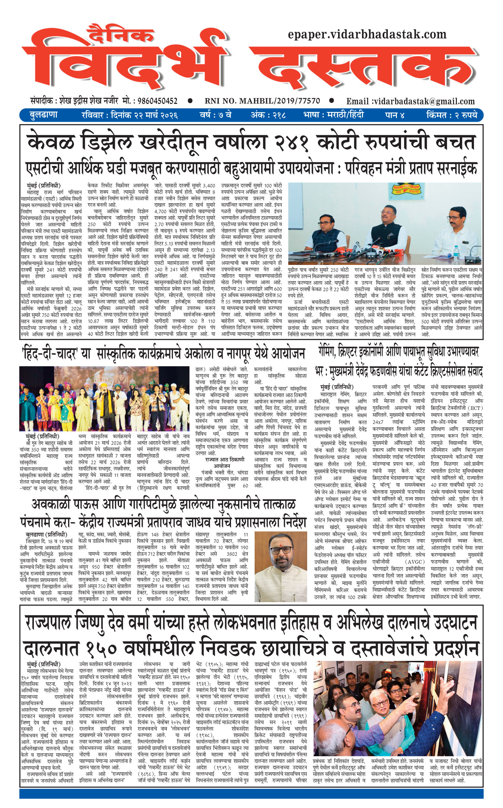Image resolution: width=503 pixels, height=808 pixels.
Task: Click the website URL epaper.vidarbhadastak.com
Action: pos(367,34)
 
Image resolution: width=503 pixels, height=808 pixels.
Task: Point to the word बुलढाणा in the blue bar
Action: pos(44,115)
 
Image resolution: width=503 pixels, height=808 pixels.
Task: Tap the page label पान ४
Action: pos(395,115)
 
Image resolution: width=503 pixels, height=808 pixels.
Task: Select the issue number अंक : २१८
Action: pos(268,115)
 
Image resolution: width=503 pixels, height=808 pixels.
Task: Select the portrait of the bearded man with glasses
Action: pos(280,566)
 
